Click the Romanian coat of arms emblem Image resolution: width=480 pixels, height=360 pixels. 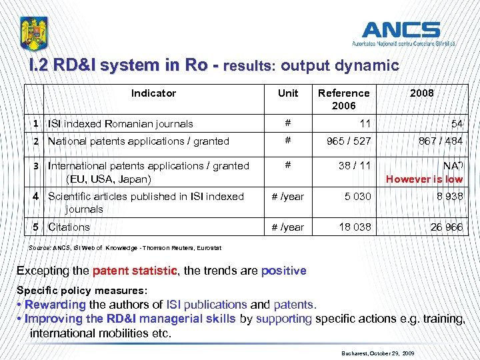34,33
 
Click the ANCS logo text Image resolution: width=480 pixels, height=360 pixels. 401,30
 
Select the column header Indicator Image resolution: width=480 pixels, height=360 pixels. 153,93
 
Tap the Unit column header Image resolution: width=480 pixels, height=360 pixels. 288,93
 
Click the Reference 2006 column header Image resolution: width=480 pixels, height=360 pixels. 343,99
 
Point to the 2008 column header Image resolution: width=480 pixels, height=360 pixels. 421,93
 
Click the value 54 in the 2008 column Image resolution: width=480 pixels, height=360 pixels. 456,125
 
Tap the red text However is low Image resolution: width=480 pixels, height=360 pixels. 424,179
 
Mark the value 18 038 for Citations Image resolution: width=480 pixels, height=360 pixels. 355,227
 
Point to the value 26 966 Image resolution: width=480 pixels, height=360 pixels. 446,228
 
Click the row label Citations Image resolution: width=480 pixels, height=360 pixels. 69,227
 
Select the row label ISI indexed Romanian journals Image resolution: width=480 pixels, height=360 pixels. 121,123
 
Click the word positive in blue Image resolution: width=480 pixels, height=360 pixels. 283,271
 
